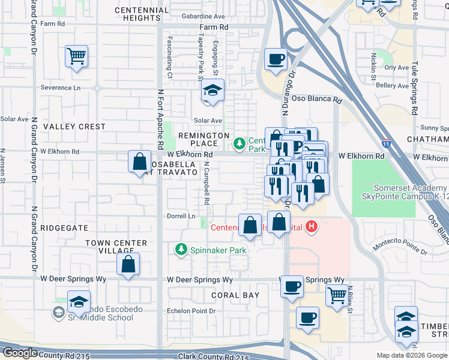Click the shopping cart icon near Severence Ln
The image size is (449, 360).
[x=76, y=57]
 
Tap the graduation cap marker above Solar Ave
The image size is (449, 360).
[x=212, y=91]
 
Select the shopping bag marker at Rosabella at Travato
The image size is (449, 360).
[x=139, y=161]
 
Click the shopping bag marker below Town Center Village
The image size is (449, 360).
[x=128, y=264]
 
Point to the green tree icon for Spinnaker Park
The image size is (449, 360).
[x=180, y=248]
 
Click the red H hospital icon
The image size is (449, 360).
[x=311, y=226]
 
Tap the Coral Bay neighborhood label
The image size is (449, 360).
[x=235, y=295]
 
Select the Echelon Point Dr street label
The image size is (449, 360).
[x=190, y=311]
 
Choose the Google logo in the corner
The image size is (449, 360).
[x=20, y=353]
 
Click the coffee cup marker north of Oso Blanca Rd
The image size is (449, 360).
[x=276, y=59]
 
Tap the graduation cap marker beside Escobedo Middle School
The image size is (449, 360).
[x=79, y=302]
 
